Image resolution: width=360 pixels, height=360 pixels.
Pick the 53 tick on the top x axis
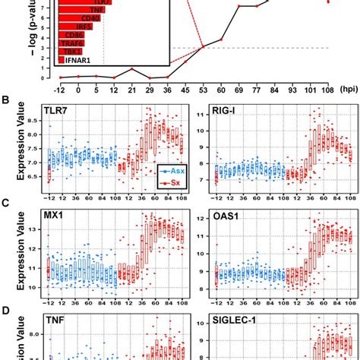pyautogui.click(x=203, y=88)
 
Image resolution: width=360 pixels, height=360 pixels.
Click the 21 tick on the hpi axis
pyautogui.click(x=131, y=88)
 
